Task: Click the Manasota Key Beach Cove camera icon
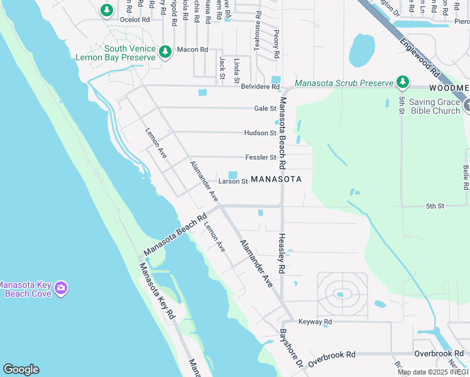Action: tap(60, 288)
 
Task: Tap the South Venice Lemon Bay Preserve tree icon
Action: tap(165, 52)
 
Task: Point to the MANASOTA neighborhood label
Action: tap(276, 179)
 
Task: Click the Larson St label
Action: tap(234, 182)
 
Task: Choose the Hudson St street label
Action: tap(261, 133)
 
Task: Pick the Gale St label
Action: tap(265, 109)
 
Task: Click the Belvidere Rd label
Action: tap(260, 86)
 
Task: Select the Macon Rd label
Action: tap(192, 50)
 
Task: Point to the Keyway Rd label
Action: tap(315, 322)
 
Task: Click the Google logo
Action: tap(21, 369)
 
